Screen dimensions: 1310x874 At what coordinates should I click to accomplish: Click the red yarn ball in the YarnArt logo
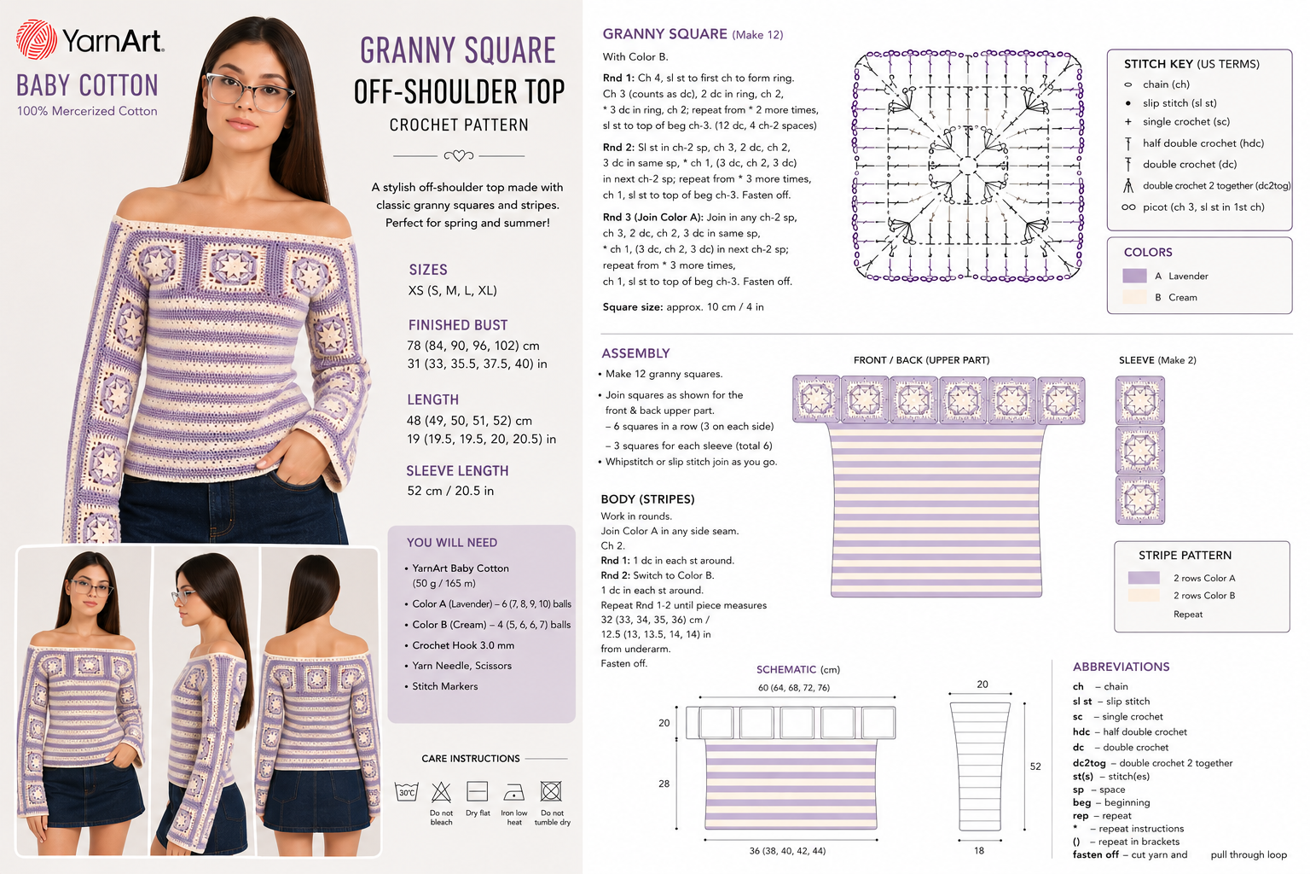pyautogui.click(x=37, y=40)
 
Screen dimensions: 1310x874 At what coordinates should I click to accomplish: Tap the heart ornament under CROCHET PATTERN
pyautogui.click(x=459, y=155)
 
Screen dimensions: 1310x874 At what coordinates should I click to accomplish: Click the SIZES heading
pyautogui.click(x=428, y=270)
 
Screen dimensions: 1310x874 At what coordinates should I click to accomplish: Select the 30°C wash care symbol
pyautogui.click(x=407, y=792)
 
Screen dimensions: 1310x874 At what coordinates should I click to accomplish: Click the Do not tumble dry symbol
pyautogui.click(x=551, y=791)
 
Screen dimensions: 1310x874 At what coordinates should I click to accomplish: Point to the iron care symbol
pyautogui.click(x=514, y=792)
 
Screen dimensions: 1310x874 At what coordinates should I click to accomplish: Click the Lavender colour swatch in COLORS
pyautogui.click(x=1134, y=276)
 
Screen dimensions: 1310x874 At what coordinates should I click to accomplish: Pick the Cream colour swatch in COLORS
pyautogui.click(x=1134, y=297)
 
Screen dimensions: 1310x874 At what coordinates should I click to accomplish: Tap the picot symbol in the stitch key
pyautogui.click(x=1128, y=207)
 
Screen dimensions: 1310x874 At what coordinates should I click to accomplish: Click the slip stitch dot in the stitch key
pyautogui.click(x=1128, y=103)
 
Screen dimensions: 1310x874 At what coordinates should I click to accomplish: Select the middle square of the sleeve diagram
pyautogui.click(x=1139, y=450)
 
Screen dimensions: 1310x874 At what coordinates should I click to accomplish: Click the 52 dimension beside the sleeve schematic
pyautogui.click(x=1035, y=766)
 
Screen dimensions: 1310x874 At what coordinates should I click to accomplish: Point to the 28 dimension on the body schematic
pyautogui.click(x=664, y=784)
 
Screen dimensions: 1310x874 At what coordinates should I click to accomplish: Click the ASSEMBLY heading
pyautogui.click(x=635, y=353)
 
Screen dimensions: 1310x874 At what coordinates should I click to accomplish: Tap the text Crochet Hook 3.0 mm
pyautogui.click(x=463, y=645)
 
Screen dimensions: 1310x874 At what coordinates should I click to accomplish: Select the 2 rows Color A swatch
pyautogui.click(x=1144, y=578)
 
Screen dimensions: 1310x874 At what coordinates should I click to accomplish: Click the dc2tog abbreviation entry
pyautogui.click(x=1152, y=763)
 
